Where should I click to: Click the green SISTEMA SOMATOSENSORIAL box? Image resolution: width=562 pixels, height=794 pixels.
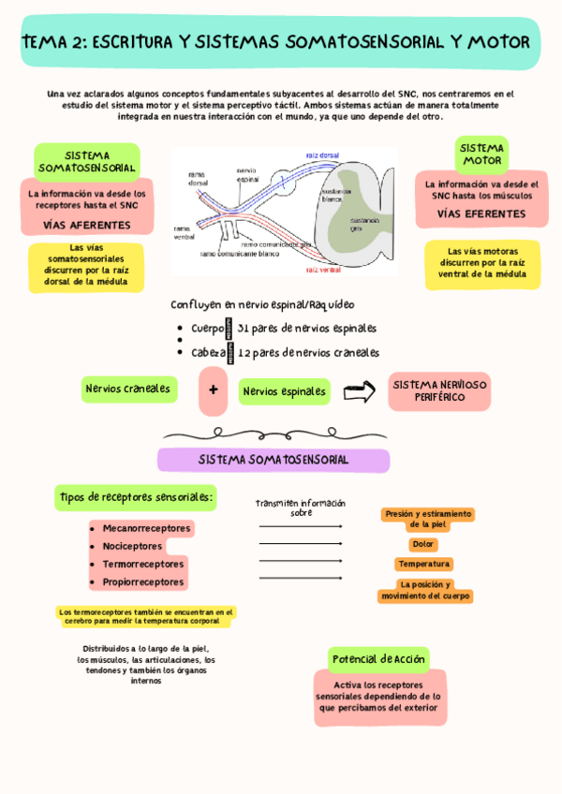(x=87, y=161)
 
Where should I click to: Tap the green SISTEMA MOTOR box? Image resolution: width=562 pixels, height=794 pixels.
(x=482, y=154)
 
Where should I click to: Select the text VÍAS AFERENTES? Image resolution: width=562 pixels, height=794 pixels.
(x=86, y=226)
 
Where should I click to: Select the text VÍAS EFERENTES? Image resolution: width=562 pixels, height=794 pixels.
(x=481, y=214)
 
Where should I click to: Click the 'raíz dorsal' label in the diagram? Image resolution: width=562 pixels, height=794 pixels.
(x=322, y=155)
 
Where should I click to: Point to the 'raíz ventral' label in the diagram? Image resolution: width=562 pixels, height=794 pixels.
(x=323, y=270)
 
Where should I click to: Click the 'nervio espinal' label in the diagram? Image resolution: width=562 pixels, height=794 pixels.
(x=246, y=174)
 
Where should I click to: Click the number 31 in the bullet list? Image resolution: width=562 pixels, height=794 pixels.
(x=244, y=329)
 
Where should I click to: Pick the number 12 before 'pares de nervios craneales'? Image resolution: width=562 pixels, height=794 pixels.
(x=244, y=353)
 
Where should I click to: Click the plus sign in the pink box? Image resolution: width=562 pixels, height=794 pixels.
(x=214, y=390)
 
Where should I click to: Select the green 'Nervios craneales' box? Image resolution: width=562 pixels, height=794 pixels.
(x=128, y=389)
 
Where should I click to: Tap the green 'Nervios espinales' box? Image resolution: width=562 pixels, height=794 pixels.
(x=285, y=391)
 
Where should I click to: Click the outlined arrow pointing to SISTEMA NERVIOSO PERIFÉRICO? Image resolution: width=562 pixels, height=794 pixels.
(x=359, y=392)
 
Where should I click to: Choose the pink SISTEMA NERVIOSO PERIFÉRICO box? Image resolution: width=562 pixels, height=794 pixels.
(x=439, y=391)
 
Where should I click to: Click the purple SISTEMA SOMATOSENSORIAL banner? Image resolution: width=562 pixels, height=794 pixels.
(x=274, y=460)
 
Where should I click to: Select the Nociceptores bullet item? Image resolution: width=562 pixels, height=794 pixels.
(x=132, y=546)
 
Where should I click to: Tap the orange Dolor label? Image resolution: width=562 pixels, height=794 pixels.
(x=423, y=544)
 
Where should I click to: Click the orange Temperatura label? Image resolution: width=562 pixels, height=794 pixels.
(x=424, y=565)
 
